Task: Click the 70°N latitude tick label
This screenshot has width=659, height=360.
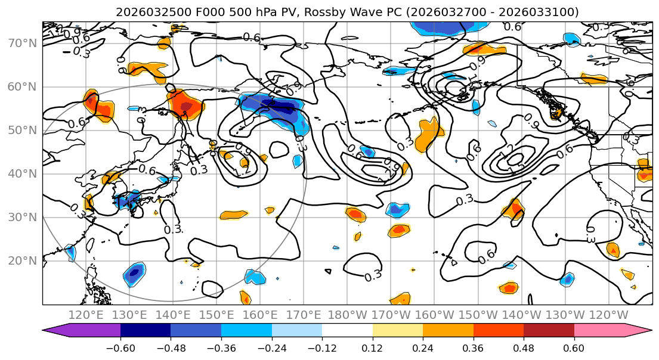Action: [23, 43]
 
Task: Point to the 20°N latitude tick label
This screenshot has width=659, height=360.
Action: [23, 260]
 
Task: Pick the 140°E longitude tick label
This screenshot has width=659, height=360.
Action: [173, 314]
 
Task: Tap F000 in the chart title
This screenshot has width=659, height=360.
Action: [194, 12]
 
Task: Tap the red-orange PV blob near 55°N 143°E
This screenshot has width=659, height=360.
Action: [185, 105]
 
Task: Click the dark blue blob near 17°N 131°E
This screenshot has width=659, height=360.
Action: [134, 274]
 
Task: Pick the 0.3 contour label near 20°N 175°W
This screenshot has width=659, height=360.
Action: [373, 275]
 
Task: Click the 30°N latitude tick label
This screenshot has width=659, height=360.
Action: [23, 217]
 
